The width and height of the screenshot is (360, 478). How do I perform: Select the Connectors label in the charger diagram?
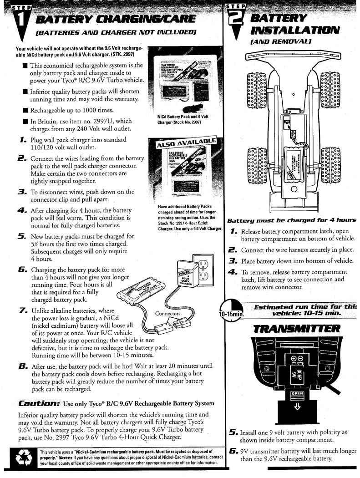tap(167, 314)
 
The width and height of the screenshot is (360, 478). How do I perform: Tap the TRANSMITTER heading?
tap(296, 328)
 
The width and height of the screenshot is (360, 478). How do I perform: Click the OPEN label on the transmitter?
tap(297, 393)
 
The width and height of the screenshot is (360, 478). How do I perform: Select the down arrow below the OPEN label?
tap(297, 407)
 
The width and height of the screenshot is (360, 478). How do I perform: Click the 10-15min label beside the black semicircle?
tap(232, 314)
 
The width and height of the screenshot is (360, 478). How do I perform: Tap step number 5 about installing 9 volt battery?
tap(233, 432)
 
